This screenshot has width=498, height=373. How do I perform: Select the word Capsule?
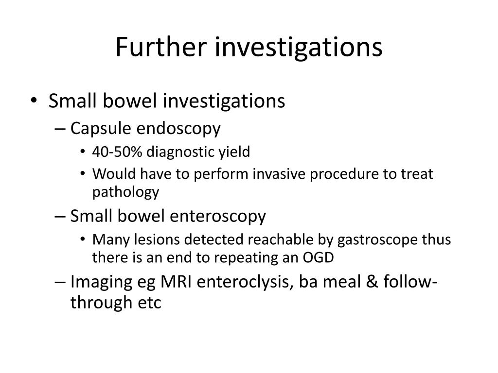101,129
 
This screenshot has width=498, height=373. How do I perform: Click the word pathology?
125,193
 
